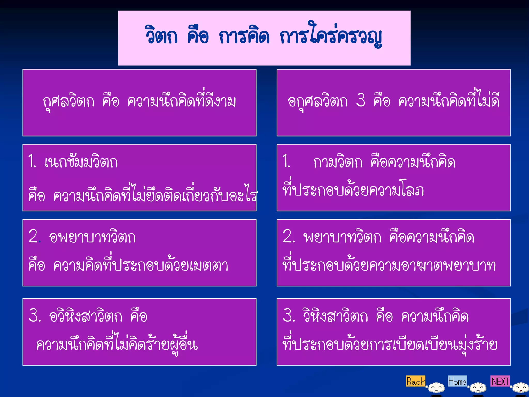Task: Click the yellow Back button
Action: [415, 381]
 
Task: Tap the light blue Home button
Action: [457, 381]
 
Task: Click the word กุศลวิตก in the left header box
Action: [69, 101]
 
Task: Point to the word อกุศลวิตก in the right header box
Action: [318, 101]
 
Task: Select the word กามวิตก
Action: [338, 162]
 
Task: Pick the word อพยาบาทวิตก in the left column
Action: [92, 237]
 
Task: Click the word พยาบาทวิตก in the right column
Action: [342, 237]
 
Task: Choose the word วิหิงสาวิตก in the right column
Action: [336, 316]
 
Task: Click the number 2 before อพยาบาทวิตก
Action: [34, 236]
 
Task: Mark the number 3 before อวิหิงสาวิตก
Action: [34, 315]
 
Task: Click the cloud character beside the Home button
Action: [478, 388]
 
